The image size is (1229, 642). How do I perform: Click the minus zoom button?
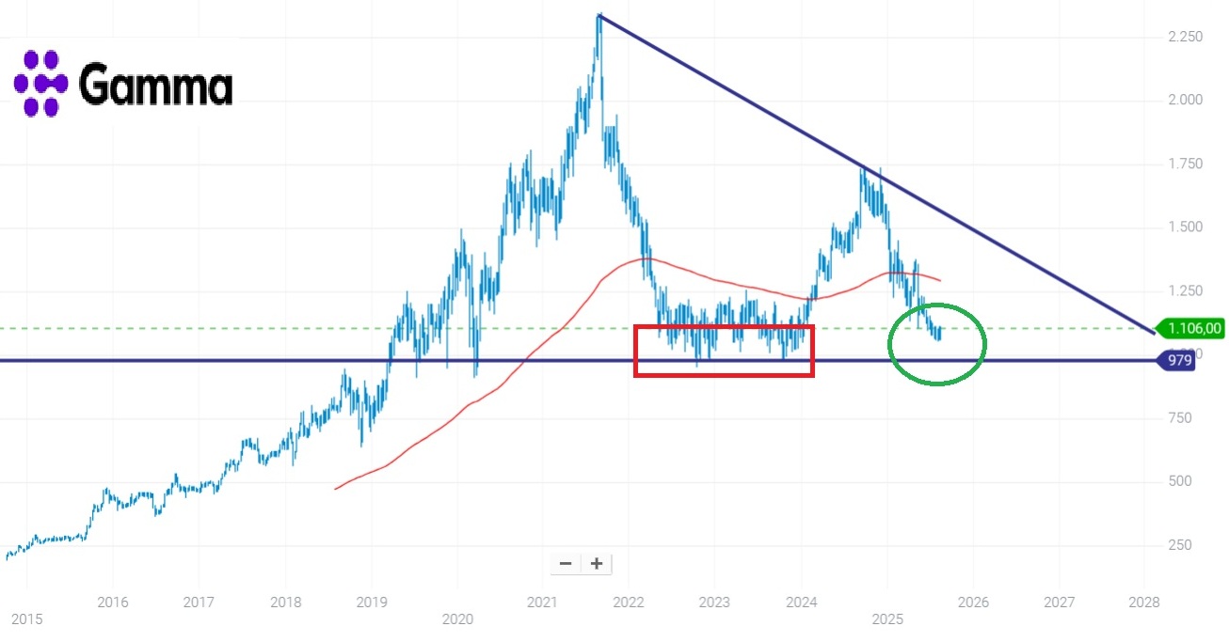pos(566,563)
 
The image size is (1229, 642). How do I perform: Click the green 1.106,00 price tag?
pos(1190,328)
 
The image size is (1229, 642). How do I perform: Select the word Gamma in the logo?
pos(155,86)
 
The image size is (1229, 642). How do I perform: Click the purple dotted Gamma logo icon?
pos(40,83)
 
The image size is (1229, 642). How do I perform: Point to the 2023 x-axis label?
pos(714,601)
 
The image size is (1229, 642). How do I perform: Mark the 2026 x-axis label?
pos(972,601)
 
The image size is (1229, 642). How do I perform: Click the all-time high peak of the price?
pos(599,16)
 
